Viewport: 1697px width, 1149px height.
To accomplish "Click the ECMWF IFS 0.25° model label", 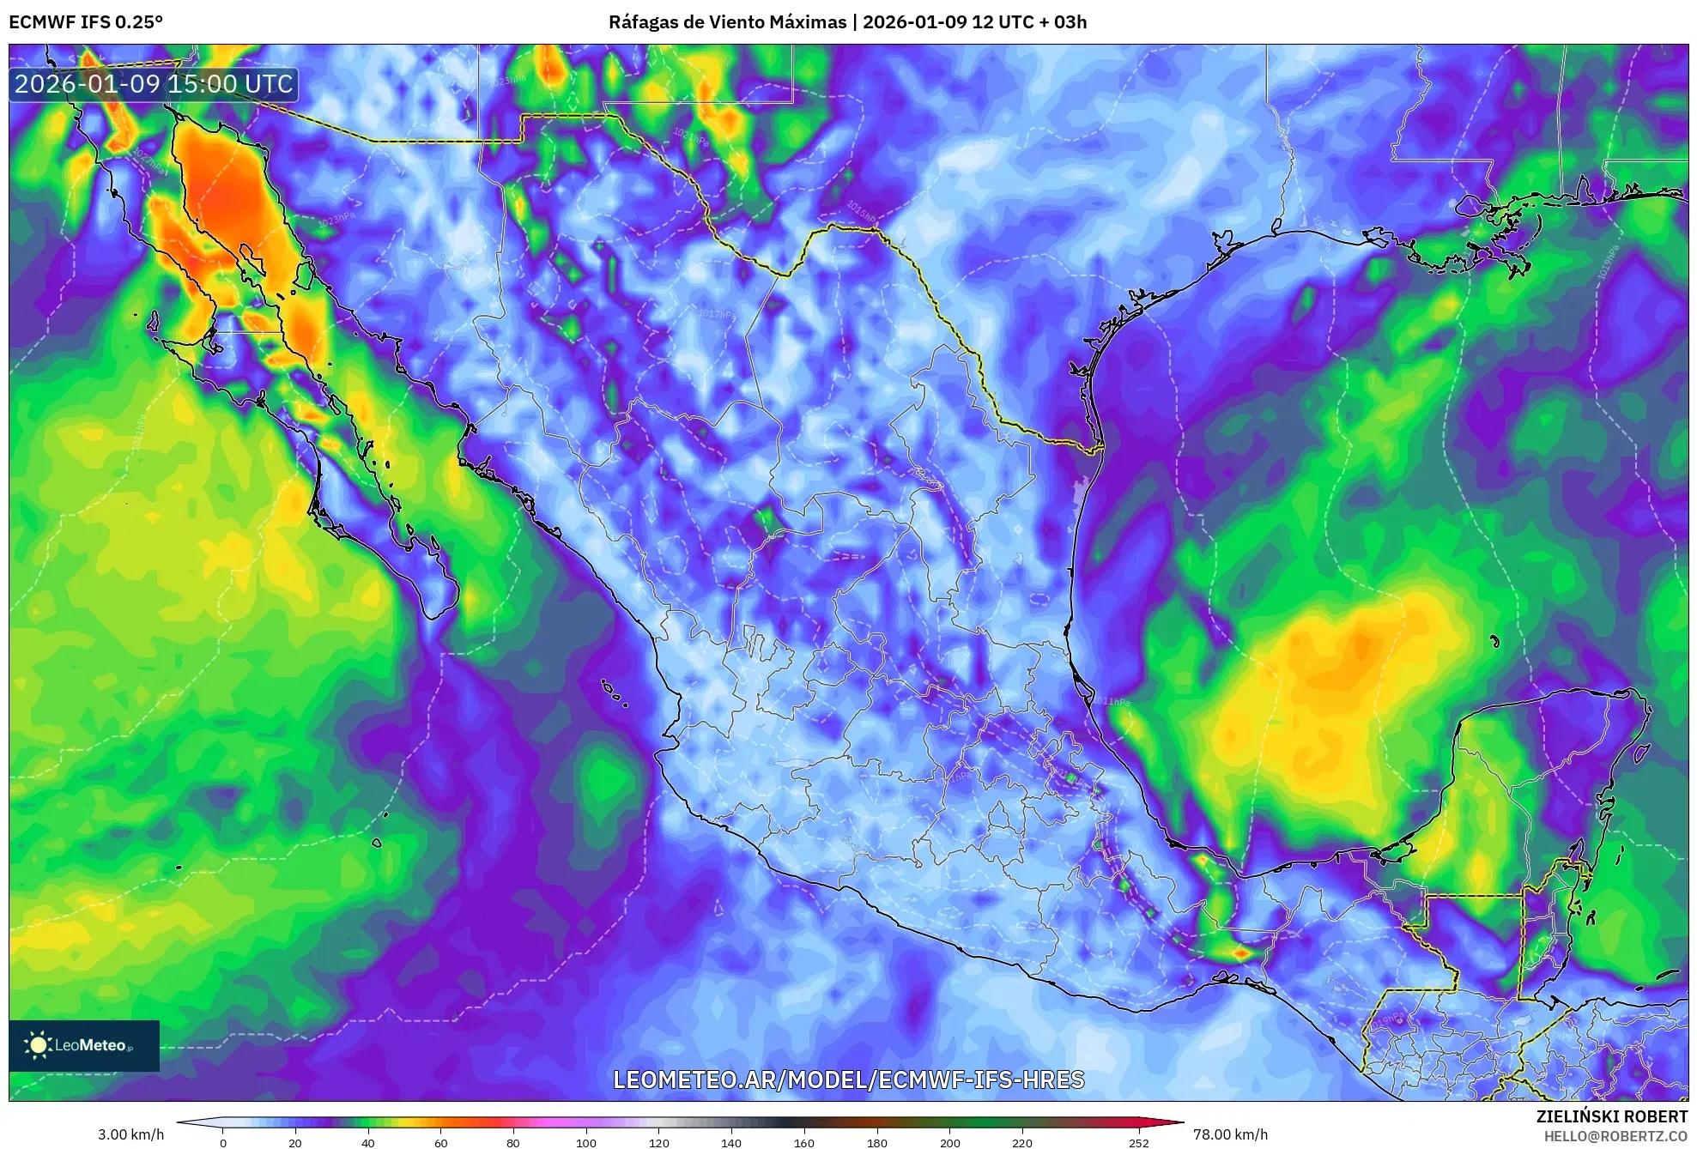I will coord(86,22).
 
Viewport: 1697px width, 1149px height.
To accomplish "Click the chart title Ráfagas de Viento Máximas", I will coord(727,22).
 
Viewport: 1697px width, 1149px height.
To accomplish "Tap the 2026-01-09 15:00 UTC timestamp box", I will coord(154,84).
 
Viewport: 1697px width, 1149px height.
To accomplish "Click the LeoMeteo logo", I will coord(84,1045).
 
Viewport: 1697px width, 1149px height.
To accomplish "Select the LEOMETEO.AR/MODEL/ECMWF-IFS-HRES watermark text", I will coord(848,1079).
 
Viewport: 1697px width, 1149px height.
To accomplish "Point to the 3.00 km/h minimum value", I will coord(130,1134).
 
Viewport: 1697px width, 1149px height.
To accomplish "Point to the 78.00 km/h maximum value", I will coord(1230,1134).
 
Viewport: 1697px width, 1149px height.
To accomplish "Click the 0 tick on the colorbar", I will coord(223,1142).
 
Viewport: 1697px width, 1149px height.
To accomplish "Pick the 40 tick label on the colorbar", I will coord(368,1142).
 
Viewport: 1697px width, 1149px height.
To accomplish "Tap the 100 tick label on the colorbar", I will coord(586,1142).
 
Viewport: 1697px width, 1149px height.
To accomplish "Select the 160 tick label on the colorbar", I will coord(804,1142).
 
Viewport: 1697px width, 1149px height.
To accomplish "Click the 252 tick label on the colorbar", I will coord(1139,1142).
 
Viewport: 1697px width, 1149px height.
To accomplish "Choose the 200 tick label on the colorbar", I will coord(949,1142).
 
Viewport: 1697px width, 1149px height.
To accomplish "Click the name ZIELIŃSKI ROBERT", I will coord(1612,1116).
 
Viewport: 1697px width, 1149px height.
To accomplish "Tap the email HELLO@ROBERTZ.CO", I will coord(1615,1136).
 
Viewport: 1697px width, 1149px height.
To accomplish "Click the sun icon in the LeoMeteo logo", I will coord(38,1044).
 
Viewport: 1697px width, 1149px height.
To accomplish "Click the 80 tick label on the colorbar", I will coord(513,1142).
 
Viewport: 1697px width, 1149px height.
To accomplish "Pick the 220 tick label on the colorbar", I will coord(1022,1142).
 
